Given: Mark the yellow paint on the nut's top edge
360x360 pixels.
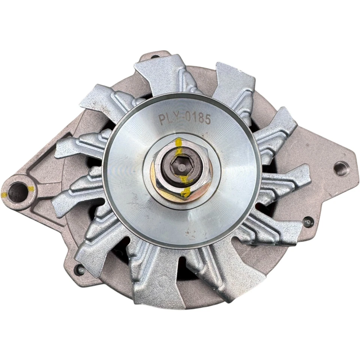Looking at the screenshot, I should coord(179,143).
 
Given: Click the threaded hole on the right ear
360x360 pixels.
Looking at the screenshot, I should coord(341,168).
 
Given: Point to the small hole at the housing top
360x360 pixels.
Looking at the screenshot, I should coord(155,57).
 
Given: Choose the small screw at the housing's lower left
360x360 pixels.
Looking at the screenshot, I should coord(79,269).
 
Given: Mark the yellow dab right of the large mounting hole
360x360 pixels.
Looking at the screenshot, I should coord(31,189).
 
